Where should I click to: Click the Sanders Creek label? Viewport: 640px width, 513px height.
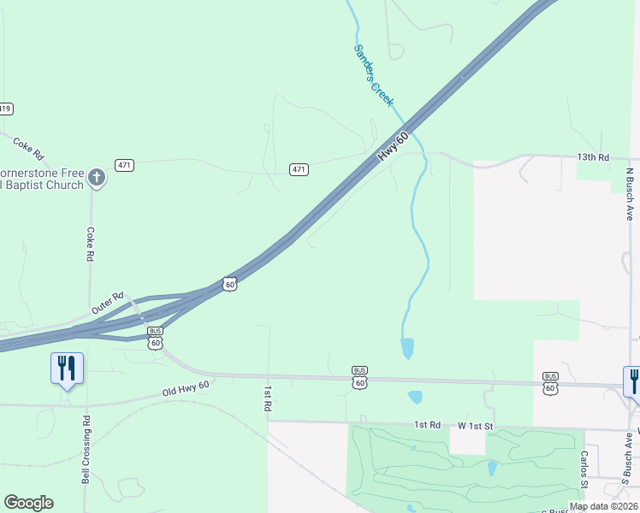(374, 74)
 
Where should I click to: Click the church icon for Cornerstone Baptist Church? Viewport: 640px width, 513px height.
(97, 178)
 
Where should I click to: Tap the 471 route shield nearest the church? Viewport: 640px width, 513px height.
(126, 165)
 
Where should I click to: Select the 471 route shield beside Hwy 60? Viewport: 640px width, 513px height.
(298, 169)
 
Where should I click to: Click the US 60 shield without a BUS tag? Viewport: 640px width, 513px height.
(229, 284)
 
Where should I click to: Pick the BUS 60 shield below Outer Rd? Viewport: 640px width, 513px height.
(155, 338)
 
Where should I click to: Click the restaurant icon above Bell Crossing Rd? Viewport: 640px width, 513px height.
(67, 369)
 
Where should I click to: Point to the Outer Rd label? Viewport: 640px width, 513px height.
(108, 302)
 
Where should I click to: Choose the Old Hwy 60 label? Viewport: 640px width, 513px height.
(186, 390)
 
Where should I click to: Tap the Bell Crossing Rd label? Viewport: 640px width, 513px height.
(86, 450)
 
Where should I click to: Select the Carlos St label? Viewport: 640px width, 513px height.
(584, 465)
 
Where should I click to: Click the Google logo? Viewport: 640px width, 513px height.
(28, 503)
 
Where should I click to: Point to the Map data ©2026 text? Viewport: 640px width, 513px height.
(604, 506)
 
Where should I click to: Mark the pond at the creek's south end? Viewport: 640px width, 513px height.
(407, 348)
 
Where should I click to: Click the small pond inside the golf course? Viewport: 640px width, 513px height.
(493, 468)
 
